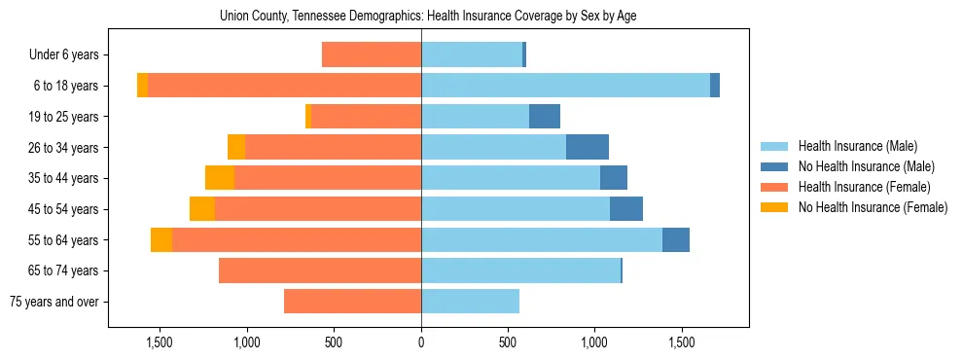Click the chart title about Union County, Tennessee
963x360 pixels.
pyautogui.click(x=428, y=17)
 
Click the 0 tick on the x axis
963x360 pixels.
pyautogui.click(x=421, y=342)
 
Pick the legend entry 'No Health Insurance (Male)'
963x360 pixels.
pyautogui.click(x=866, y=166)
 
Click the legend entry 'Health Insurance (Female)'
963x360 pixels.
pyautogui.click(x=864, y=187)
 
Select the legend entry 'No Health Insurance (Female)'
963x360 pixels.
pyautogui.click(x=873, y=207)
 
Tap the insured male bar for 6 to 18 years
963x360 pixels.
pyautogui.click(x=565, y=86)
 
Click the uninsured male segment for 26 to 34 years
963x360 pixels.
pyautogui.click(x=588, y=147)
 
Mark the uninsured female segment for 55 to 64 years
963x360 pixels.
pyautogui.click(x=161, y=239)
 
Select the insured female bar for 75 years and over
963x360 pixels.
pyautogui.click(x=352, y=302)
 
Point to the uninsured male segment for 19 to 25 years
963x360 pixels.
pyautogui.click(x=545, y=117)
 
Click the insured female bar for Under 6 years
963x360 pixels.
pyautogui.click(x=372, y=55)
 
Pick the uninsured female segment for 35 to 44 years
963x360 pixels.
pyautogui.click(x=220, y=178)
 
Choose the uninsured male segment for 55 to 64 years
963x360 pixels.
pyautogui.click(x=676, y=239)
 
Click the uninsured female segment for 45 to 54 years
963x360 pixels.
pyautogui.click(x=202, y=209)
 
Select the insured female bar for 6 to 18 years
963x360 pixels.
pyautogui.click(x=284, y=86)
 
